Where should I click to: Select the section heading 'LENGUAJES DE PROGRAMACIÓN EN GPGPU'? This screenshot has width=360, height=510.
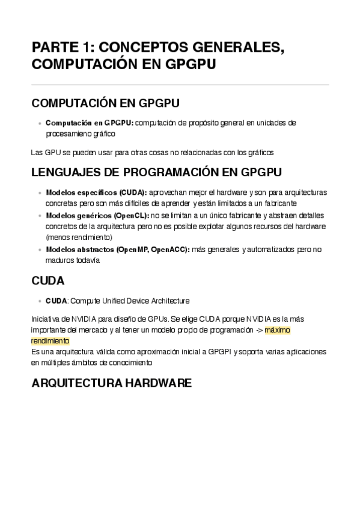pos(156,173)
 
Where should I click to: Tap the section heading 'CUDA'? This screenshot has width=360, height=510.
pos(47,281)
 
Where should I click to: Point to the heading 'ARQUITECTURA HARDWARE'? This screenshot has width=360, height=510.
pos(111,383)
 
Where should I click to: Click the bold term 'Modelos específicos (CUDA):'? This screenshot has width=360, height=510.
pos(96,192)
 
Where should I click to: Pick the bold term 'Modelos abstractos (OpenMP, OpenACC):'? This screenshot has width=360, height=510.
pos(118,249)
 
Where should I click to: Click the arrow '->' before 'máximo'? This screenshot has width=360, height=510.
pos(257,330)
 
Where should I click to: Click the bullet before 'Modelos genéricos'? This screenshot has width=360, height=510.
pos(40,215)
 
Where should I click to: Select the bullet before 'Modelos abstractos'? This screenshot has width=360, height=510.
pos(40,250)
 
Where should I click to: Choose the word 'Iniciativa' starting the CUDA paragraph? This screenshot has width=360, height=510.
pos(45,319)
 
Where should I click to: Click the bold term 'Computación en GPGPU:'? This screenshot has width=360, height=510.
pos(90,123)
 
